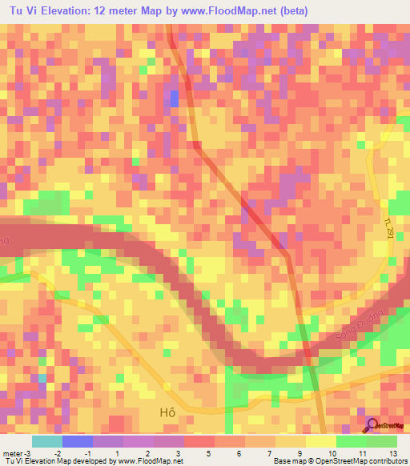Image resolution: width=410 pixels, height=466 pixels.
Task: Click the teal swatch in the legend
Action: tap(46, 440)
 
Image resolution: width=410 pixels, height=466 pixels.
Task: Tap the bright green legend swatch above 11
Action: tap(352, 440)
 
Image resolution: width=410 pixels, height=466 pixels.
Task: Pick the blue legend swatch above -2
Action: tap(77, 440)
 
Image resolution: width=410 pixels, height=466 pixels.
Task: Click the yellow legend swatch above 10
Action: tap(321, 440)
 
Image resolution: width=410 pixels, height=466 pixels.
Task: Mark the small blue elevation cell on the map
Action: tap(175, 99)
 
